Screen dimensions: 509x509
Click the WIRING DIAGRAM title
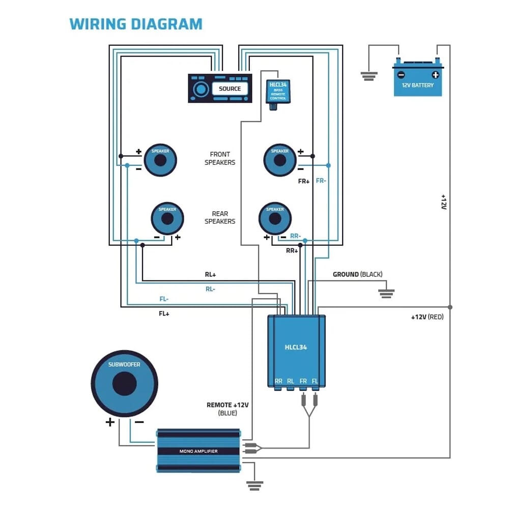[136, 24]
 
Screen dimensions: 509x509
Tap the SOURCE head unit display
[230, 89]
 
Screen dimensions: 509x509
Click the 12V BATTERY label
[418, 85]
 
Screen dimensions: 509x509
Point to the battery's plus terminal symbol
[435, 75]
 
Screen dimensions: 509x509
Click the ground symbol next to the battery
[369, 76]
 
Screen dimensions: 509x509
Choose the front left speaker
[160, 160]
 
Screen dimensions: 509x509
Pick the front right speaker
[279, 160]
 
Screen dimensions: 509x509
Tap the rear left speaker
[167, 218]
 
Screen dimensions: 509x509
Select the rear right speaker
[275, 218]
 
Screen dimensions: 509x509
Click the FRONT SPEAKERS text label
[220, 158]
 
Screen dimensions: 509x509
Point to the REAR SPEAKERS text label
[220, 218]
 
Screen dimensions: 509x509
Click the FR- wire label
[321, 181]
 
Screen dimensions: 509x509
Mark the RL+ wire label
[210, 275]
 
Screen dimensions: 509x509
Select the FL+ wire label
[164, 314]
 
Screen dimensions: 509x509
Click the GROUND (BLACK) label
[357, 274]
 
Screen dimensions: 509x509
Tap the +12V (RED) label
[428, 317]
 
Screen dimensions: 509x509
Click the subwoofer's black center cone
[124, 384]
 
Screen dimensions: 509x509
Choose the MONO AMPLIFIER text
[198, 451]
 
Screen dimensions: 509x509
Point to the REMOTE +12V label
[228, 405]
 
